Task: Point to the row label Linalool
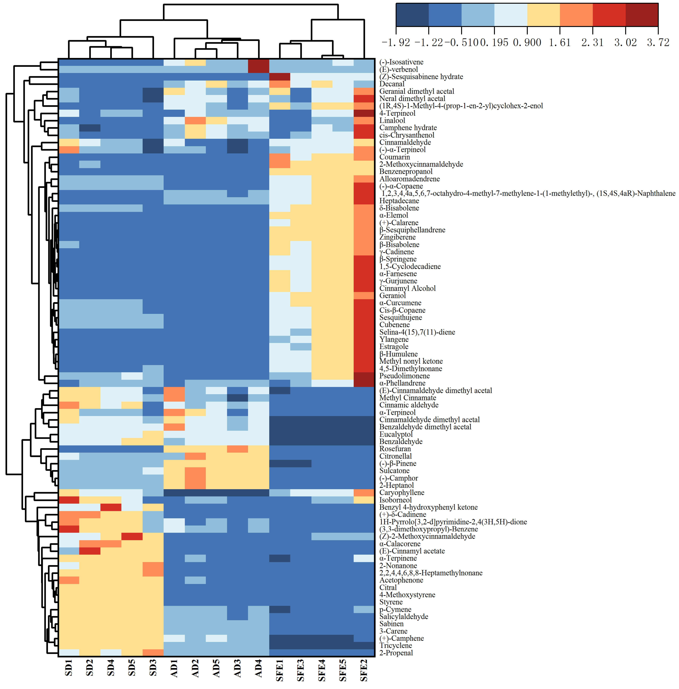click(x=392, y=121)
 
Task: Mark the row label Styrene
click(x=391, y=602)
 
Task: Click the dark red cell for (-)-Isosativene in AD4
click(x=259, y=66)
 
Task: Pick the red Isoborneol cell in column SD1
click(x=69, y=500)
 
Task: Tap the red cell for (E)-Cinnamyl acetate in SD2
click(x=90, y=551)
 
